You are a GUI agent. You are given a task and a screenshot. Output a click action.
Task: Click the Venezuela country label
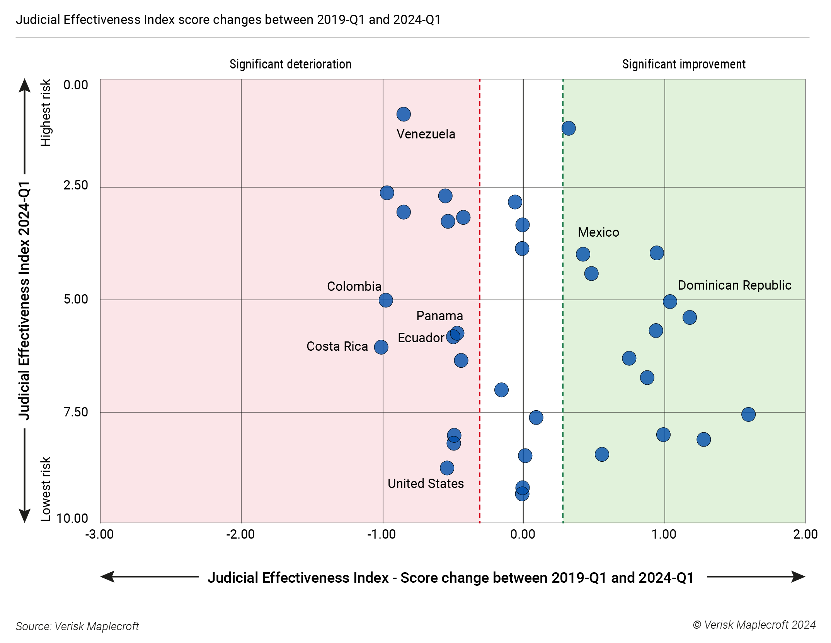(x=426, y=134)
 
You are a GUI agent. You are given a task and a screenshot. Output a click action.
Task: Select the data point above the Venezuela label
(x=403, y=114)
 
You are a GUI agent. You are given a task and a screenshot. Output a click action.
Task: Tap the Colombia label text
(x=354, y=286)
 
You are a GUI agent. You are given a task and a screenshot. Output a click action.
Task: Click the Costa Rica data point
(x=381, y=347)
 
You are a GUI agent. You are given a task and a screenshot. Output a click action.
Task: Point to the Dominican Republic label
(x=734, y=285)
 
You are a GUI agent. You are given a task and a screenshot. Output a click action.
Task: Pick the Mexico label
(x=598, y=232)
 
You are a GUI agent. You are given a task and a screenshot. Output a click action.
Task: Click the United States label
(x=425, y=483)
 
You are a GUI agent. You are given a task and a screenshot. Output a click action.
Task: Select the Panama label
(x=439, y=316)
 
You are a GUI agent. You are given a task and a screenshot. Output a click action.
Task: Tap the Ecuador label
(x=421, y=338)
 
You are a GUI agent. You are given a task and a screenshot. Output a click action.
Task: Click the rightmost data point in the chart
(x=748, y=414)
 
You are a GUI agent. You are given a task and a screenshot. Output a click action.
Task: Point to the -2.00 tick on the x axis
(x=240, y=534)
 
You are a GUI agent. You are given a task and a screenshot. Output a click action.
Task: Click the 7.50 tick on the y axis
(x=76, y=412)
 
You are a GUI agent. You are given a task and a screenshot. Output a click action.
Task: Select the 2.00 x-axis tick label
(x=805, y=534)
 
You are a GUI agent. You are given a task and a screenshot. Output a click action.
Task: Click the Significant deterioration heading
(x=290, y=64)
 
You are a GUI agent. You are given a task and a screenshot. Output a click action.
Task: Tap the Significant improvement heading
(x=683, y=64)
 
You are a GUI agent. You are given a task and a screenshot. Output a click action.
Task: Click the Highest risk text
(x=46, y=113)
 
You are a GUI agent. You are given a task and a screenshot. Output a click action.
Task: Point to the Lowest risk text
(x=46, y=489)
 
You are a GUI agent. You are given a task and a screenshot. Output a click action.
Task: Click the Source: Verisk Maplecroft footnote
(x=77, y=626)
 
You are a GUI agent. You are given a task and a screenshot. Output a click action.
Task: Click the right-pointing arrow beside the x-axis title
(x=796, y=576)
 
